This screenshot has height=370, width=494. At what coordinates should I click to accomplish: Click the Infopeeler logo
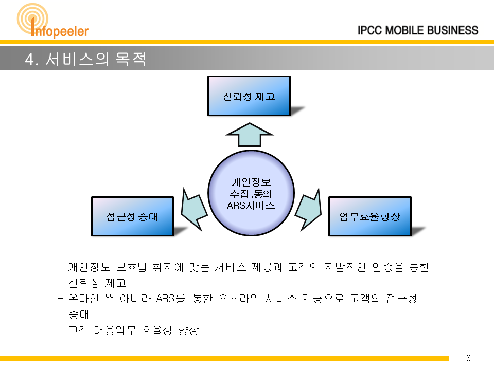(52, 21)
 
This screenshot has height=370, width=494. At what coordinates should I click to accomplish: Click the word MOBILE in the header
(404, 30)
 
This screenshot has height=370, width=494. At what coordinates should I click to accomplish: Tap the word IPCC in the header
(370, 30)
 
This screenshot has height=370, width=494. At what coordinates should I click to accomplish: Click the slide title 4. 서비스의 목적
(85, 59)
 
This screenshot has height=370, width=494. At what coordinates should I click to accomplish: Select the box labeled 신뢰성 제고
(249, 96)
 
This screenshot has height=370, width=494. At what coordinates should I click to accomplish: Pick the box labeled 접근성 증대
(132, 216)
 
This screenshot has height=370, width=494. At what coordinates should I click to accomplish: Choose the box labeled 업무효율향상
(370, 216)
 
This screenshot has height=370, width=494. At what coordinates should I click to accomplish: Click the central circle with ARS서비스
(251, 193)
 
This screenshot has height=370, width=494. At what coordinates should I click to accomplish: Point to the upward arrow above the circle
(249, 135)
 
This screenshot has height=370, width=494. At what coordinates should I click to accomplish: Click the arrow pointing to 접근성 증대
(194, 209)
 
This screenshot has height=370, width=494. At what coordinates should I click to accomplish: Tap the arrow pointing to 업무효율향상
(308, 209)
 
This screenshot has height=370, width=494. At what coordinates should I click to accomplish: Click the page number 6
(468, 358)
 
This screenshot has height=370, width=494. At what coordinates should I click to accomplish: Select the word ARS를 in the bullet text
(170, 298)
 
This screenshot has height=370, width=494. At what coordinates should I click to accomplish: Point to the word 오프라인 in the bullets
(239, 298)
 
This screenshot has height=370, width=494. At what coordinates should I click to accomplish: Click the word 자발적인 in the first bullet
(345, 267)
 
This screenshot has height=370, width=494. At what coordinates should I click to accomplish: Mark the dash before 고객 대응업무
(61, 330)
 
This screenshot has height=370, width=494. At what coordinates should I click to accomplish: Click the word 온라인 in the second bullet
(84, 298)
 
